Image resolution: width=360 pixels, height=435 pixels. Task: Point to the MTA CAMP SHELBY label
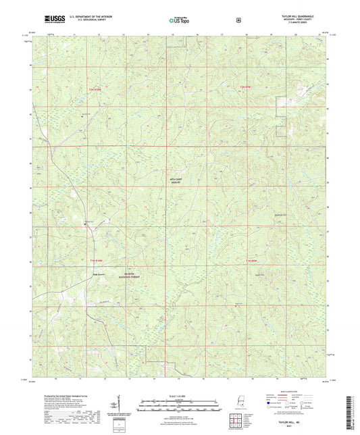[x=177, y=172]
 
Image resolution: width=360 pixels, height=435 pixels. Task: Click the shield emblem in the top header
[x=237, y=20]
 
